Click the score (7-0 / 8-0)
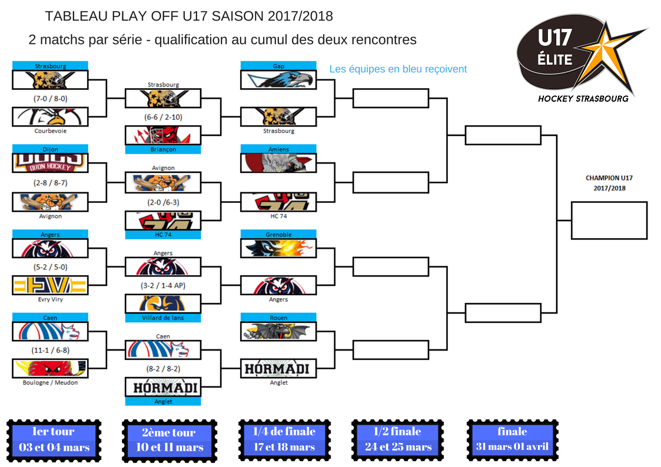(x=50, y=99)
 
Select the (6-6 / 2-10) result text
(x=163, y=117)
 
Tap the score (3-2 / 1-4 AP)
(x=163, y=285)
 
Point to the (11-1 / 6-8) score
(x=50, y=350)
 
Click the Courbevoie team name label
(x=50, y=131)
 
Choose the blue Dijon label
(x=50, y=149)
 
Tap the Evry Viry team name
(x=50, y=299)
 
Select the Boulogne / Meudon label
(x=50, y=382)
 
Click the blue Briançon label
(x=163, y=149)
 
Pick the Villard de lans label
(x=163, y=318)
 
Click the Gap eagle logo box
(x=278, y=79)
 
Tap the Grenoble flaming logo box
(x=278, y=248)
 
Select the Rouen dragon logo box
(x=278, y=331)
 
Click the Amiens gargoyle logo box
(x=278, y=163)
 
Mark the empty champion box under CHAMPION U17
(x=609, y=221)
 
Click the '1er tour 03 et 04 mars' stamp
(x=54, y=440)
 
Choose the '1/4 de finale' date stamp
(x=284, y=439)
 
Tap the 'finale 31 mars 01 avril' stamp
(x=513, y=439)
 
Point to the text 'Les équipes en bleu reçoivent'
(x=398, y=69)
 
